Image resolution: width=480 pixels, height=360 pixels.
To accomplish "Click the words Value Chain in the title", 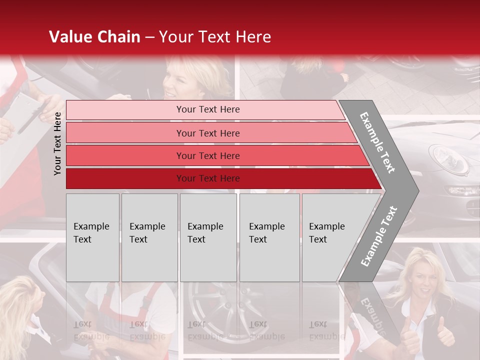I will point(94,37).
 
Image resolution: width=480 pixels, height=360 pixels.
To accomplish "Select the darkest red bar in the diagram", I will point(220,178).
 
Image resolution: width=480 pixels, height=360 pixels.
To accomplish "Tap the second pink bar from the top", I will point(210,133).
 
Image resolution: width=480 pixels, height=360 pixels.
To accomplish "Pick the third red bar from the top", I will point(215,155).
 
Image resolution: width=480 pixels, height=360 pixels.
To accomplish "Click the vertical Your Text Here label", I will point(57,143).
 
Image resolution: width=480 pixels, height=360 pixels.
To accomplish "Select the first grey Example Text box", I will point(92,237).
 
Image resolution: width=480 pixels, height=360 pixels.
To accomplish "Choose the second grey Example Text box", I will point(149,237).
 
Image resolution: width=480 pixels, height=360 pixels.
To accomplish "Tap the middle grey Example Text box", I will point(208,237).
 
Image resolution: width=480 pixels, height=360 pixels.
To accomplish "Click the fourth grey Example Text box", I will point(269,237).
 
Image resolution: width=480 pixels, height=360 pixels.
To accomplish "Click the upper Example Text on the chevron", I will point(378,142).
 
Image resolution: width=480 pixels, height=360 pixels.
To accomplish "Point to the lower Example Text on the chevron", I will point(378,236).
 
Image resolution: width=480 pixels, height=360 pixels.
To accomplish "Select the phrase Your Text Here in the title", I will point(215,37).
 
